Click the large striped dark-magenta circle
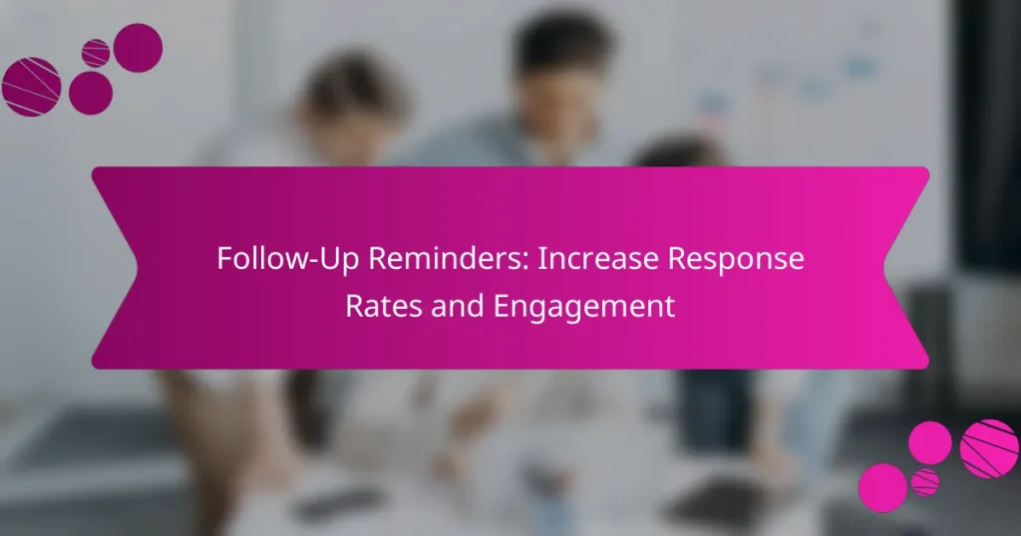click(x=32, y=87)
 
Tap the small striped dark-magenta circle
click(x=96, y=53)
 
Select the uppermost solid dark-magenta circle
click(x=138, y=47)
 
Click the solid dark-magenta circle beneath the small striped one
click(x=91, y=93)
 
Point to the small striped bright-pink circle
click(x=925, y=482)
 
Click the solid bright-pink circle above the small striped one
click(x=930, y=442)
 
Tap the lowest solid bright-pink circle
click(x=882, y=488)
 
